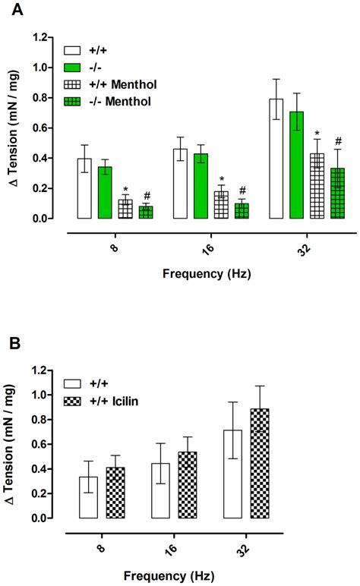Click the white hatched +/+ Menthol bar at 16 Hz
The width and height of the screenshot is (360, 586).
pyautogui.click(x=221, y=205)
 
